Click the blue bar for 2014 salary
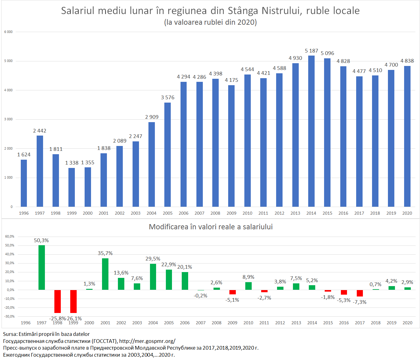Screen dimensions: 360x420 [x=311, y=131]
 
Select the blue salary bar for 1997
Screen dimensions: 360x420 [x=40, y=171]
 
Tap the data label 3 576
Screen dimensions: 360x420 [x=168, y=98]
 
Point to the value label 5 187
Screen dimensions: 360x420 [x=311, y=51]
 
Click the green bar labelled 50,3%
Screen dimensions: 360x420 [x=42, y=267]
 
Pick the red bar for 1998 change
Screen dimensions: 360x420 [x=57, y=301]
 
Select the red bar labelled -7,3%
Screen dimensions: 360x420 [x=360, y=293]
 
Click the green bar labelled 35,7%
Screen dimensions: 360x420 [x=105, y=274]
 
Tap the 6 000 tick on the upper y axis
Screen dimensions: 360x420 [x=9, y=32]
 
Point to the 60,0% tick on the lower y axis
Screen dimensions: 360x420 [x=10, y=236]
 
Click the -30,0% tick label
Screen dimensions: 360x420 [x=10, y=316]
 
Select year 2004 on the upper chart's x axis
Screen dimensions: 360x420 [x=152, y=213]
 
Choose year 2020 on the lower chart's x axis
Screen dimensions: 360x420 [x=407, y=323]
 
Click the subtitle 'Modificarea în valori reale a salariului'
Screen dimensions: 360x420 [x=211, y=227]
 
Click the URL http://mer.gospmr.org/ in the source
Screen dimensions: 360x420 [x=147, y=341]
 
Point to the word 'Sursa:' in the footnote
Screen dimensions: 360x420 [x=10, y=334]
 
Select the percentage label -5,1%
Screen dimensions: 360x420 [x=232, y=300]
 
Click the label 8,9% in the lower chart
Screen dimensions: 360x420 [x=248, y=277]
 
